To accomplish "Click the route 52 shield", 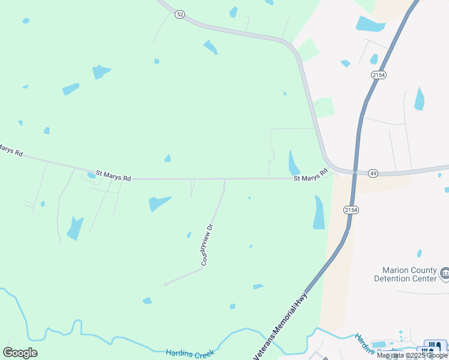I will [180, 14].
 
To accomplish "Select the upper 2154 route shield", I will [378, 74].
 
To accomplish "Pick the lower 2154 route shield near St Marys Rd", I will [351, 209].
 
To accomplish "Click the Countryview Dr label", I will [207, 245].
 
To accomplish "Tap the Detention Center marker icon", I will [445, 274].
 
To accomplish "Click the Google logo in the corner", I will [20, 353].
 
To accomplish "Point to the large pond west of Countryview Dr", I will [159, 203].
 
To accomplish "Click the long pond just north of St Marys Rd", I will [294, 163].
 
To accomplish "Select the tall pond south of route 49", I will [319, 213].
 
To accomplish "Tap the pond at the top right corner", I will [370, 25].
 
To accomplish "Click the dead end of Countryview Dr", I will [164, 284].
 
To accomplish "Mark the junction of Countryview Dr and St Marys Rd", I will [224, 179].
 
